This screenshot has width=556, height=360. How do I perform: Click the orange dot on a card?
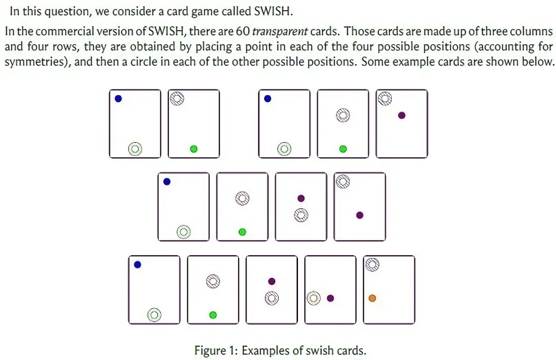(x=372, y=299)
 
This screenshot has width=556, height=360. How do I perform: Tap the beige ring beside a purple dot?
(x=313, y=299)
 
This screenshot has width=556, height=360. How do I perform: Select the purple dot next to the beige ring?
(x=330, y=299)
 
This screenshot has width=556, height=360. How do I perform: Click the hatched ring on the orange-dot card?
(x=372, y=264)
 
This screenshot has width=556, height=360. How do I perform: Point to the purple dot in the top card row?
(x=401, y=115)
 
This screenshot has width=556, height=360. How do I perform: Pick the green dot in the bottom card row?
(x=212, y=314)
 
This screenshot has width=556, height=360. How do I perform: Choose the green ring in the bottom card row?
(x=155, y=314)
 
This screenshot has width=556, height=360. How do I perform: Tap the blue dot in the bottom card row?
(x=137, y=265)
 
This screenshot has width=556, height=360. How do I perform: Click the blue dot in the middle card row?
(x=167, y=182)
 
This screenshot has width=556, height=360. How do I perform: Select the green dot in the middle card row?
(x=242, y=232)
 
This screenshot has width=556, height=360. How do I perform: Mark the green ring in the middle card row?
(x=183, y=232)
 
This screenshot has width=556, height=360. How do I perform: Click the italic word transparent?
(x=280, y=32)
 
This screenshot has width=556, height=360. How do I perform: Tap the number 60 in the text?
(x=243, y=31)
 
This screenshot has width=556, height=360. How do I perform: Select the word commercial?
(x=66, y=32)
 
